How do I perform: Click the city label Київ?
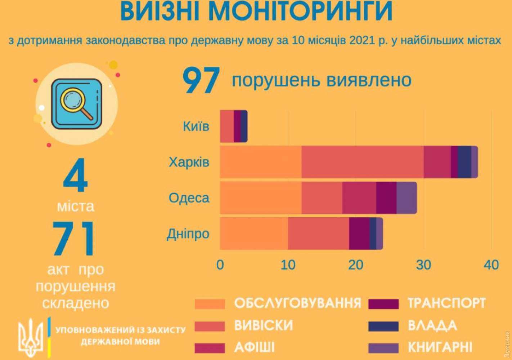click(x=196, y=126)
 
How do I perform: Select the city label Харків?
click(x=189, y=162)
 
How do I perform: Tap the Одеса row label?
click(x=189, y=198)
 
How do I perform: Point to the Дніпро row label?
click(x=188, y=234)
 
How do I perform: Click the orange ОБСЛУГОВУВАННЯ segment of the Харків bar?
click(x=261, y=162)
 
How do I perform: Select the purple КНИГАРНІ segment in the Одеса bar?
click(x=407, y=198)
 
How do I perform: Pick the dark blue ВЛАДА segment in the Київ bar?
click(x=244, y=126)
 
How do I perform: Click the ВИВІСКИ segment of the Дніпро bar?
click(x=318, y=234)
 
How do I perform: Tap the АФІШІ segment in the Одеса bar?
click(x=359, y=198)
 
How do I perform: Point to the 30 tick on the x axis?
click(x=423, y=265)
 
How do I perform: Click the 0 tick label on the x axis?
click(x=220, y=265)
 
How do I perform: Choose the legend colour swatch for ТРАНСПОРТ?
click(x=383, y=304)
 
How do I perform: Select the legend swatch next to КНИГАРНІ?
click(x=383, y=348)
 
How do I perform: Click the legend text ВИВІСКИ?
click(x=264, y=325)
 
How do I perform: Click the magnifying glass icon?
click(x=76, y=104)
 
